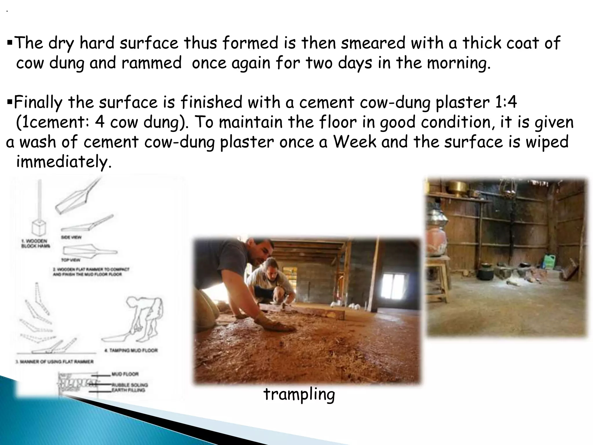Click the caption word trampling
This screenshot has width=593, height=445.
[299, 395]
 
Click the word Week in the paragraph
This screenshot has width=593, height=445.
[355, 142]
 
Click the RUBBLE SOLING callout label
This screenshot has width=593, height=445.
[130, 385]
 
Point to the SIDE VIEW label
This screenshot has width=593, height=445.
[71, 237]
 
